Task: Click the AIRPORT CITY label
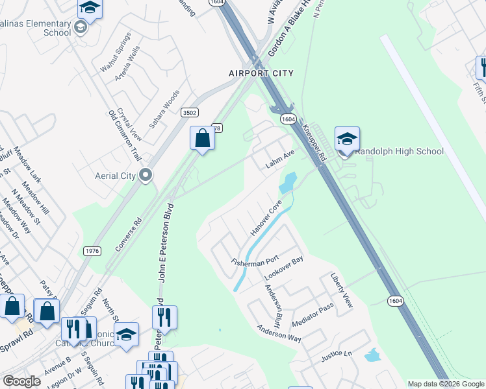261,73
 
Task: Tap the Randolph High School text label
399,152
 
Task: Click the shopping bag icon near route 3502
202,138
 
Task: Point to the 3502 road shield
190,112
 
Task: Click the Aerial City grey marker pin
146,175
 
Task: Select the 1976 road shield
92,251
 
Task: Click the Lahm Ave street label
280,159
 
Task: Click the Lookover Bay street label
283,269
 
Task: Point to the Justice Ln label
336,356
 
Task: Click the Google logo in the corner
21,381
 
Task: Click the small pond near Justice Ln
372,355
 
